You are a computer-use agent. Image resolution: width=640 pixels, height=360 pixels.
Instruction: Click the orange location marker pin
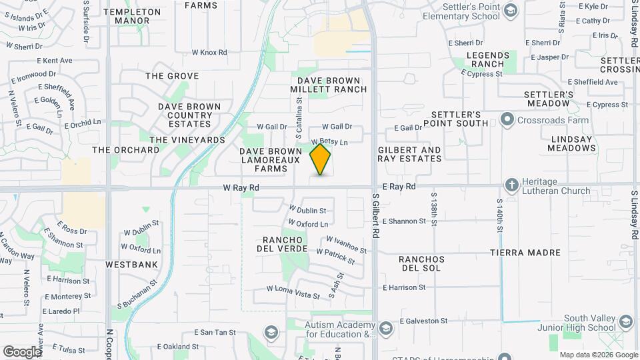(321, 159)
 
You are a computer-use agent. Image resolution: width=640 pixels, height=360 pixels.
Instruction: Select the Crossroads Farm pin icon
(507, 120)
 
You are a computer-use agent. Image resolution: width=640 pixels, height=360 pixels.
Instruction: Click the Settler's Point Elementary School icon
(510, 10)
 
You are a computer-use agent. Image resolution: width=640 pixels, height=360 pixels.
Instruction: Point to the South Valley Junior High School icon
(625, 323)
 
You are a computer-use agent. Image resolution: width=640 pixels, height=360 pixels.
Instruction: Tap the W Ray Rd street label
(241, 189)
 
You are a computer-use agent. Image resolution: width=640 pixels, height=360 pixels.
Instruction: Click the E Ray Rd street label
(399, 187)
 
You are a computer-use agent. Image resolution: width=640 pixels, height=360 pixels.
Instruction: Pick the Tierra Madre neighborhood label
(525, 253)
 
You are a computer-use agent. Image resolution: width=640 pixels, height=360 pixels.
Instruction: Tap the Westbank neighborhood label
(131, 265)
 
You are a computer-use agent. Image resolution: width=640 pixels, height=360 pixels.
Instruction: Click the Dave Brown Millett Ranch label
(329, 85)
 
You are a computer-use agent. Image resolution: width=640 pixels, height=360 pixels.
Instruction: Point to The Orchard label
(126, 150)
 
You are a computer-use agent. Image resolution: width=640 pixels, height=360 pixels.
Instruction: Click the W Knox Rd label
(209, 52)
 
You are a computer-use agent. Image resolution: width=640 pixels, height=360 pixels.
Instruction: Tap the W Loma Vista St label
(293, 289)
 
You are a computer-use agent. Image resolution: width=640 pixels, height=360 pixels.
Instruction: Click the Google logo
(22, 351)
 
